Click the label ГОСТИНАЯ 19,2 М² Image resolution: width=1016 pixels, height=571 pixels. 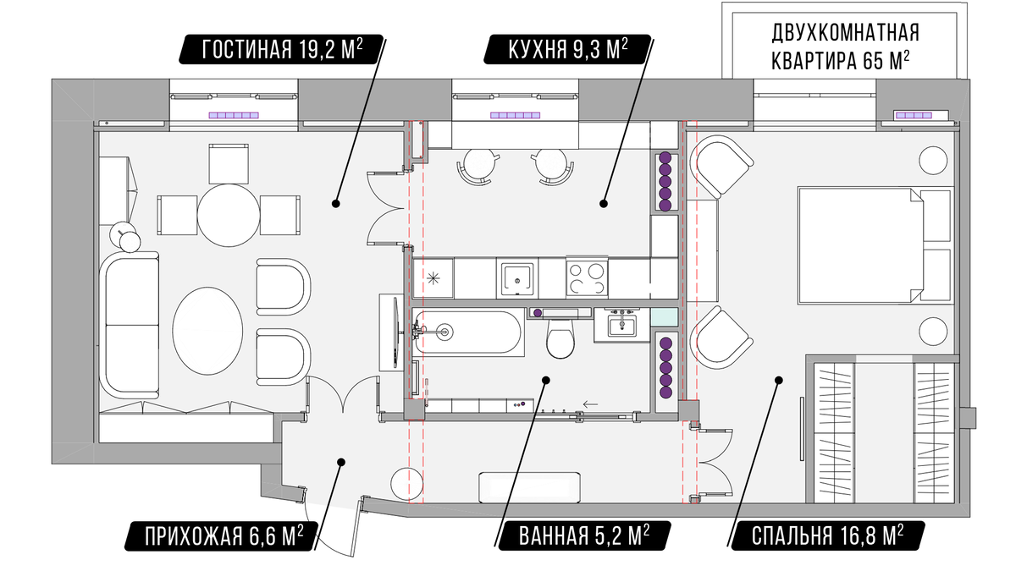(x=281, y=49)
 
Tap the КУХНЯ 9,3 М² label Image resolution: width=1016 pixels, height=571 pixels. (x=567, y=49)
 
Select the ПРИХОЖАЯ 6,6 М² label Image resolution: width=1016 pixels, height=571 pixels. (x=224, y=536)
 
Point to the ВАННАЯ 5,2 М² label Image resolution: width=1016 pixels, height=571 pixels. (x=583, y=536)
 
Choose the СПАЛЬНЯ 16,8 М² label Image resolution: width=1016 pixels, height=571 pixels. (x=826, y=536)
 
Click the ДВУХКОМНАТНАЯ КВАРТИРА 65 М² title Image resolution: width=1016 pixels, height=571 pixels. (x=846, y=47)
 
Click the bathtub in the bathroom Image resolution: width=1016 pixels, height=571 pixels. (x=468, y=332)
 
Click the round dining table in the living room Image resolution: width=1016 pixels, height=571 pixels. (x=229, y=215)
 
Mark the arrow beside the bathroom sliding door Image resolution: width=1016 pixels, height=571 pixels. (x=591, y=404)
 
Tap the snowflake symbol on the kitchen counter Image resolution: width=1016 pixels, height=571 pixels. (x=433, y=278)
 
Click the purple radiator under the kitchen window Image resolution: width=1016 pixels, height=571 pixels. (x=516, y=115)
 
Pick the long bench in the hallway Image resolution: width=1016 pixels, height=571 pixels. (x=530, y=487)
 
